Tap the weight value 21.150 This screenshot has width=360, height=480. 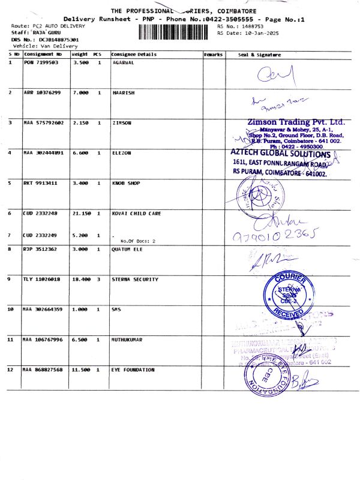click(x=80, y=214)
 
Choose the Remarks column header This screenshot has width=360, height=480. click(x=213, y=55)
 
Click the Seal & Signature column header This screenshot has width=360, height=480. click(x=259, y=55)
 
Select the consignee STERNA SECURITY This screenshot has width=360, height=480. click(x=135, y=280)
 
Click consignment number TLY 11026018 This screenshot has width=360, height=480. click(x=42, y=280)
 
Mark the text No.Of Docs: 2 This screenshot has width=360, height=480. click(x=138, y=241)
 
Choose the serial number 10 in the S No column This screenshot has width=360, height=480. click(x=11, y=309)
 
